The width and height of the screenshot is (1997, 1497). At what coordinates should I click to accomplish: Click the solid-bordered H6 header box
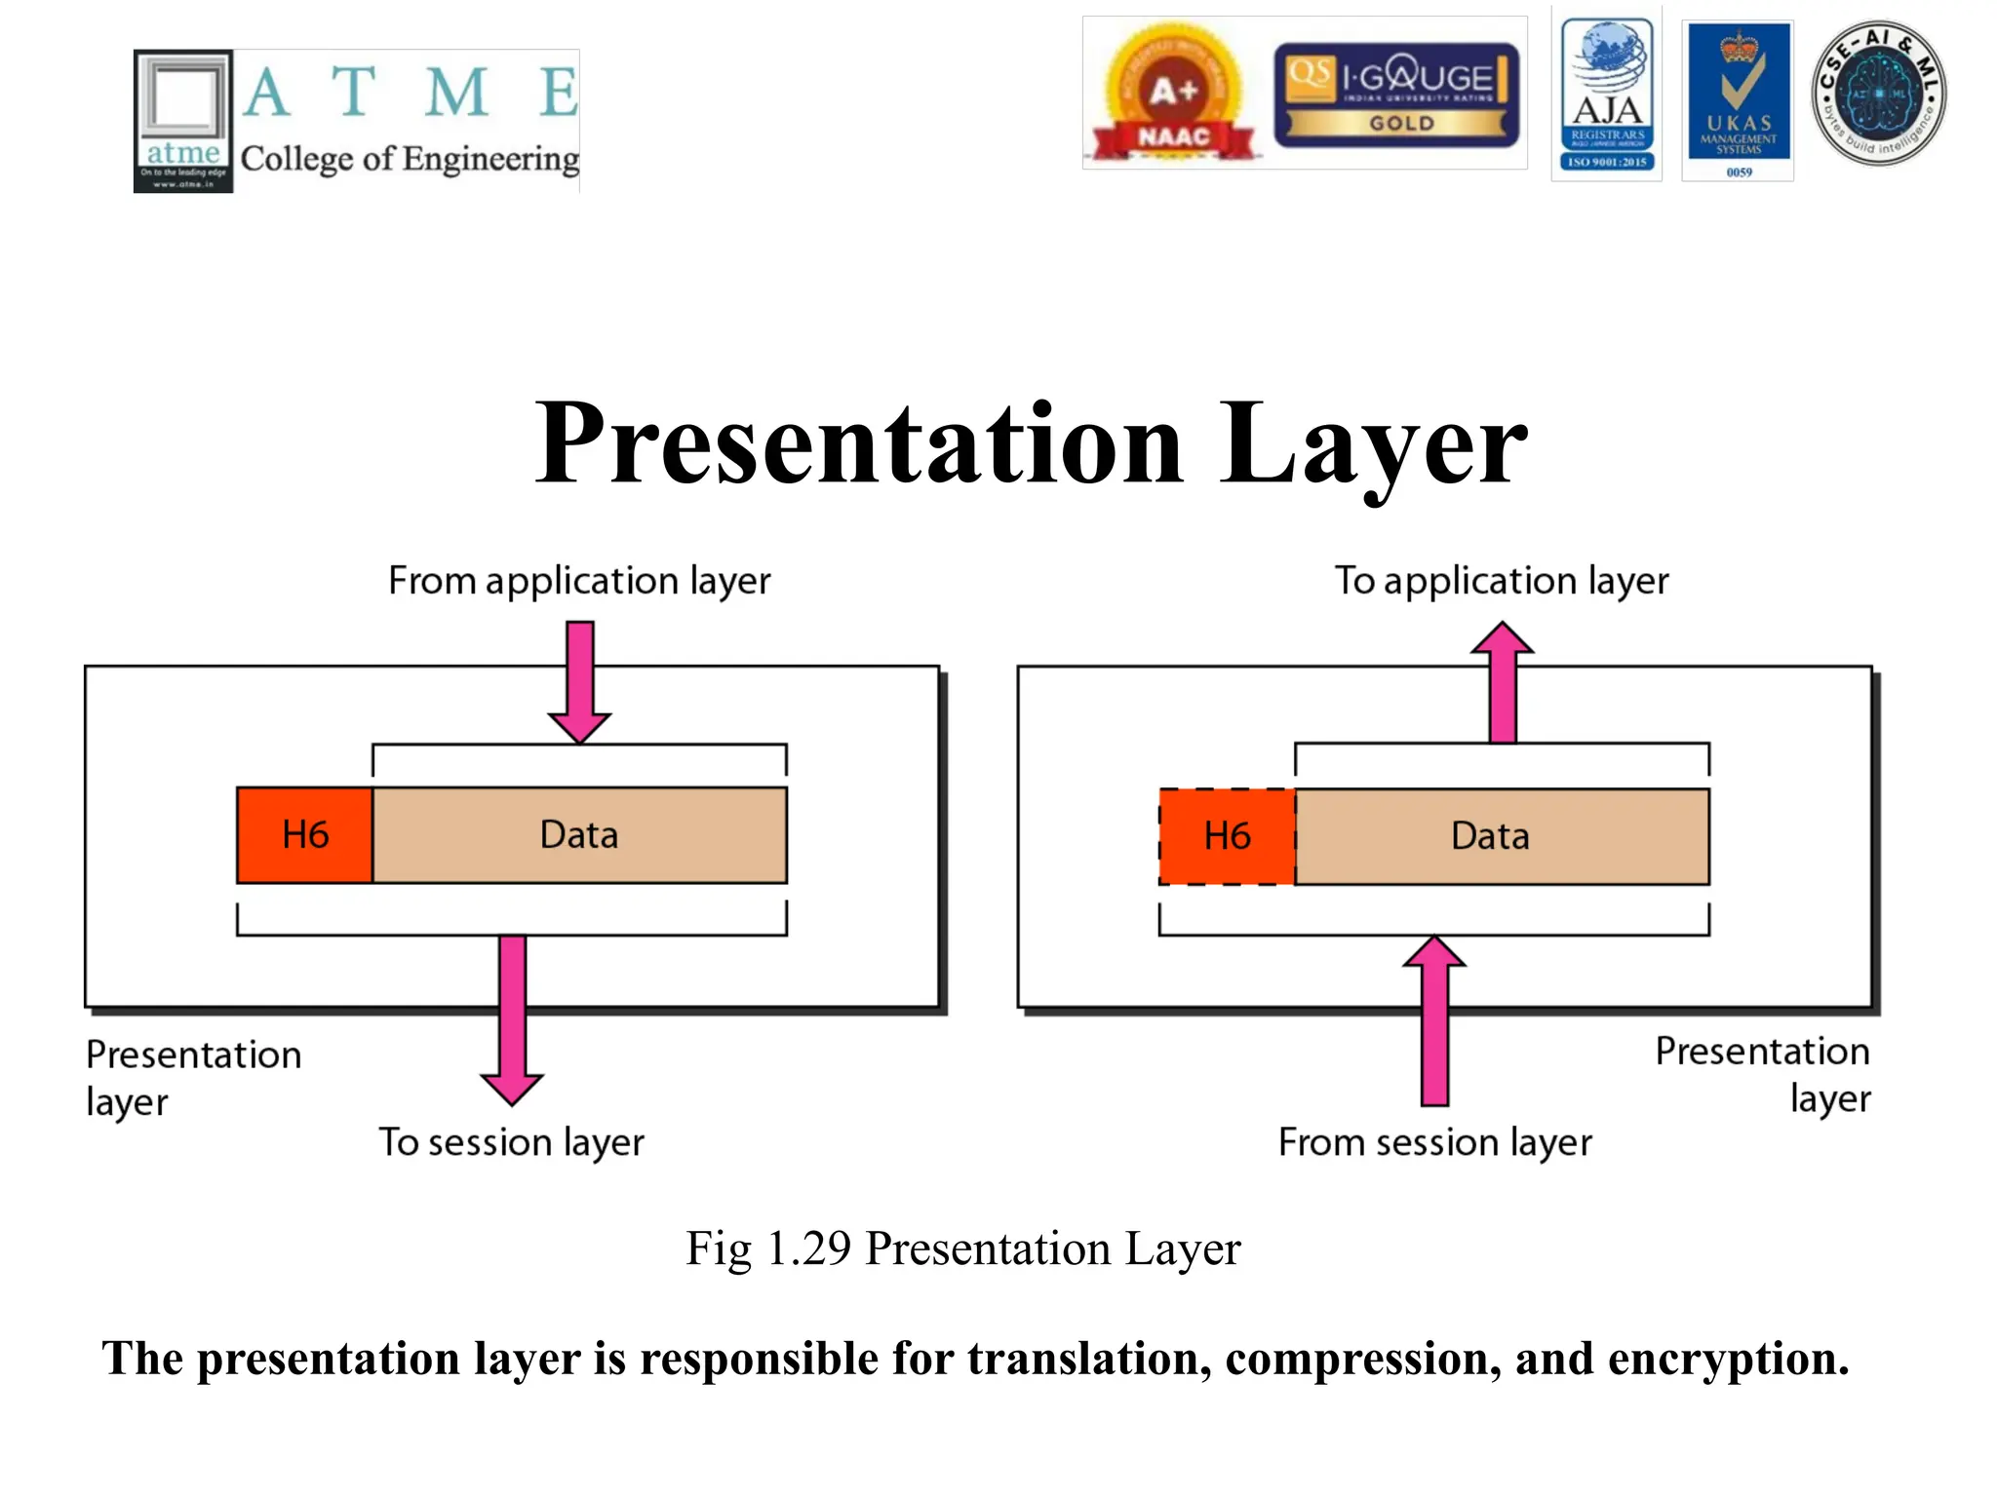pos(304,835)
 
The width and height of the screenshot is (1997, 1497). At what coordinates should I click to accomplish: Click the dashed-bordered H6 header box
pos(1227,836)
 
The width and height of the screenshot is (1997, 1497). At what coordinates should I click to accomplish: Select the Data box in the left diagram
pos(579,835)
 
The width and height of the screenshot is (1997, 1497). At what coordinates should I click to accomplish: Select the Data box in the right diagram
pos(1501,836)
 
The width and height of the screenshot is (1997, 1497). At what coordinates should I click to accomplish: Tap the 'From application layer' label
pos(579,581)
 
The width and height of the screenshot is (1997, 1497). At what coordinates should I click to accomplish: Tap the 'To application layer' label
pos(1501,581)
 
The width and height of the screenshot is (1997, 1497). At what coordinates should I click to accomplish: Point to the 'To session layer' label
pos(511,1142)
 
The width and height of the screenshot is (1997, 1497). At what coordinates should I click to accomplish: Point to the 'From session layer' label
pos(1434,1142)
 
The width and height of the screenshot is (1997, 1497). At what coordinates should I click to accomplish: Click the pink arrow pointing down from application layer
pos(579,682)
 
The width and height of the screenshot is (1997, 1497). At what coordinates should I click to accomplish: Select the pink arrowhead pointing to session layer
pos(512,1087)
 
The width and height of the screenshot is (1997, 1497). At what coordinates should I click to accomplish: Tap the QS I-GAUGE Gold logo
pos(1396,95)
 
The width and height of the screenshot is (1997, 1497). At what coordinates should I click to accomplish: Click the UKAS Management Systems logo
pos(1739,97)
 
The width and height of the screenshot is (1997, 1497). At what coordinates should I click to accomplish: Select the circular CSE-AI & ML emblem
pos(1878,94)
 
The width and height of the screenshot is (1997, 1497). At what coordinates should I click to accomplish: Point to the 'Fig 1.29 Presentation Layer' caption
pos(962,1248)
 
